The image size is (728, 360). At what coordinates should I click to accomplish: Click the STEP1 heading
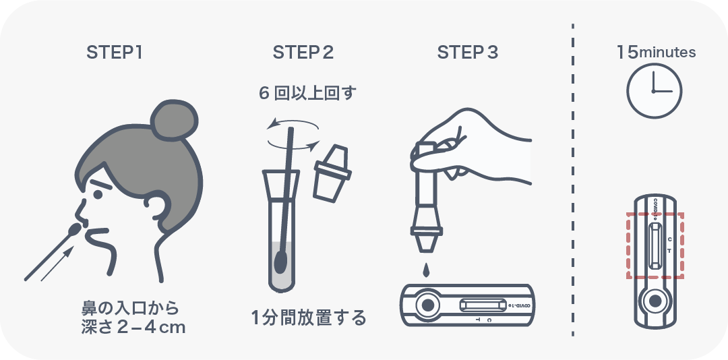pyautogui.click(x=114, y=53)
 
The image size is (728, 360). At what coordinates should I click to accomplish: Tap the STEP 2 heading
pyautogui.click(x=303, y=53)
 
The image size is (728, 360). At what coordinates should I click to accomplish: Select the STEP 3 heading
pyautogui.click(x=468, y=53)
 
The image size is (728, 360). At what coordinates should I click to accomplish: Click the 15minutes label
pyautogui.click(x=656, y=52)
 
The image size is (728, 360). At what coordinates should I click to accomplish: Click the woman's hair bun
pyautogui.click(x=175, y=120)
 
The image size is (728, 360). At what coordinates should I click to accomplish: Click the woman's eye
pyautogui.click(x=98, y=194)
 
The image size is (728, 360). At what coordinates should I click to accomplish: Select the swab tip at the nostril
pyautogui.click(x=74, y=230)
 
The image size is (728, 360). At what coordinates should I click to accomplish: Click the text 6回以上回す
pyautogui.click(x=307, y=93)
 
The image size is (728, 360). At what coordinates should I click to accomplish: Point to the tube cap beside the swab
pyautogui.click(x=332, y=173)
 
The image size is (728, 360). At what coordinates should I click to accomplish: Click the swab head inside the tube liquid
pyautogui.click(x=280, y=262)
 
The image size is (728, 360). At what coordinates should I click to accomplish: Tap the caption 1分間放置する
pyautogui.click(x=309, y=318)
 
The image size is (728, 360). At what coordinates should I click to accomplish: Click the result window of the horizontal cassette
pyautogui.click(x=483, y=305)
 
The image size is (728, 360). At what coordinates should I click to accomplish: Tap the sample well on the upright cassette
pyautogui.click(x=655, y=301)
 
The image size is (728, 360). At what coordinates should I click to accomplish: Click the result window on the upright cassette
pyautogui.click(x=655, y=245)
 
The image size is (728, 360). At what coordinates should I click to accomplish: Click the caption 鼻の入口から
pyautogui.click(x=131, y=308)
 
